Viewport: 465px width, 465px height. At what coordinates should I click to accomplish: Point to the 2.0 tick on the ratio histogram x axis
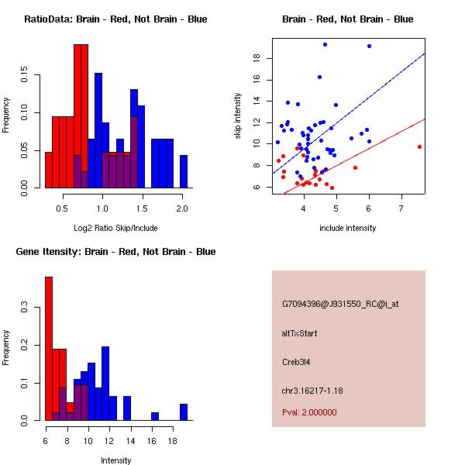tap(181, 208)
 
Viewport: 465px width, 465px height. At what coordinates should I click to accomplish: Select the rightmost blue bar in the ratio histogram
tap(184, 171)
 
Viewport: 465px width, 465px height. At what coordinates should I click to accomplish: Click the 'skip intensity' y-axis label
tap(238, 116)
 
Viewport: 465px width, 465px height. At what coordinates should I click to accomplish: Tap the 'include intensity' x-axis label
tap(347, 228)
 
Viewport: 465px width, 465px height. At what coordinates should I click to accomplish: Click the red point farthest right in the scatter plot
tap(419, 146)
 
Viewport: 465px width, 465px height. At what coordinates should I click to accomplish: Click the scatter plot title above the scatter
tap(347, 19)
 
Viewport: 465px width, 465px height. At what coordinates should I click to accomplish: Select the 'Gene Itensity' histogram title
tap(113, 252)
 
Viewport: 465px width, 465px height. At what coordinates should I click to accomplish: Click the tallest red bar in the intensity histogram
tap(49, 348)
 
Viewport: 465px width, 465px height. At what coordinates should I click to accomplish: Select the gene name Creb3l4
tap(298, 362)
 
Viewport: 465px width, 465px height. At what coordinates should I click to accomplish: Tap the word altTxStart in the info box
tap(300, 333)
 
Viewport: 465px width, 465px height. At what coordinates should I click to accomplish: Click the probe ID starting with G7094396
tap(340, 305)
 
